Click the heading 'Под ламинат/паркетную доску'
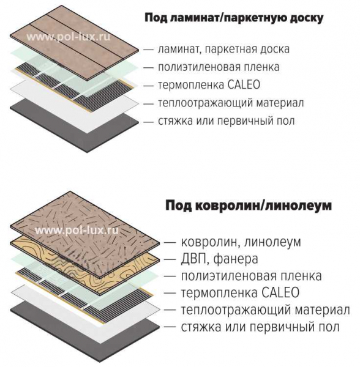click(234, 18)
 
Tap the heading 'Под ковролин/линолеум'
click(249, 206)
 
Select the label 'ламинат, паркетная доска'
click(223, 49)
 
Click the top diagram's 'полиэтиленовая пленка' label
click(219, 67)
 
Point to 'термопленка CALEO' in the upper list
click(209, 85)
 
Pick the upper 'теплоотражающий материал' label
click(231, 103)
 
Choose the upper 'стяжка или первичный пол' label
click(227, 121)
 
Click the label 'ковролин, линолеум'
click(241, 242)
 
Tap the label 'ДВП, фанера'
click(219, 259)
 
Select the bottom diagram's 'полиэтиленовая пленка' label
click(251, 276)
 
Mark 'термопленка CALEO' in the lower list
click(241, 293)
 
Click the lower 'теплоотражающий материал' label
click(265, 310)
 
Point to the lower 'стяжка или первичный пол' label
click(260, 327)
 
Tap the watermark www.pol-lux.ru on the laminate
click(68, 37)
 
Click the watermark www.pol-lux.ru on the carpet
click(77, 231)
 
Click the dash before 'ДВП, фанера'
click(170, 259)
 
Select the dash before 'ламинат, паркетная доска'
click(149, 50)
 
